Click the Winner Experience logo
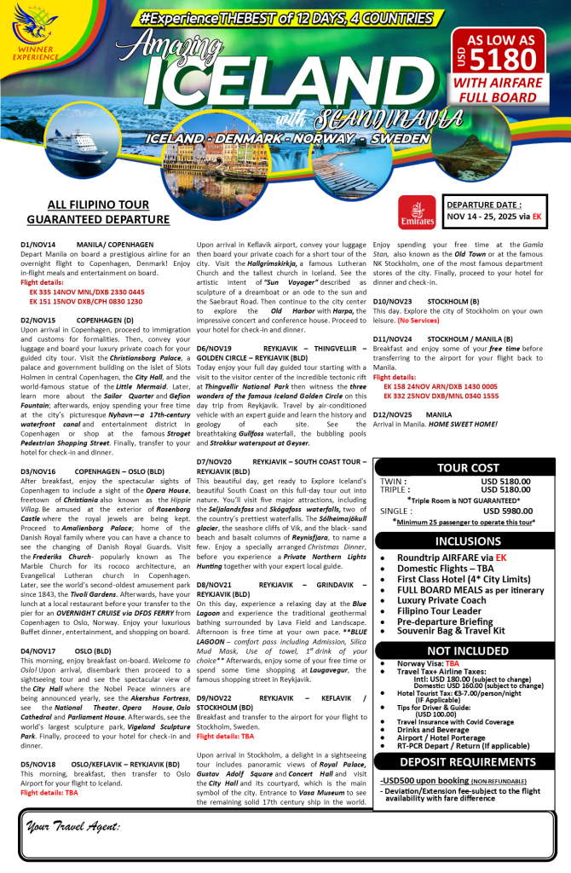[x=35, y=35]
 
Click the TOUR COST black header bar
[x=468, y=467]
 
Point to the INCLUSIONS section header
[x=468, y=541]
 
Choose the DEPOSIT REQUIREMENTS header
[x=468, y=761]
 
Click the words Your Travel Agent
[x=73, y=826]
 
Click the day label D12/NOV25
[x=392, y=413]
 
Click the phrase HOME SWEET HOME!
[x=464, y=425]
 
